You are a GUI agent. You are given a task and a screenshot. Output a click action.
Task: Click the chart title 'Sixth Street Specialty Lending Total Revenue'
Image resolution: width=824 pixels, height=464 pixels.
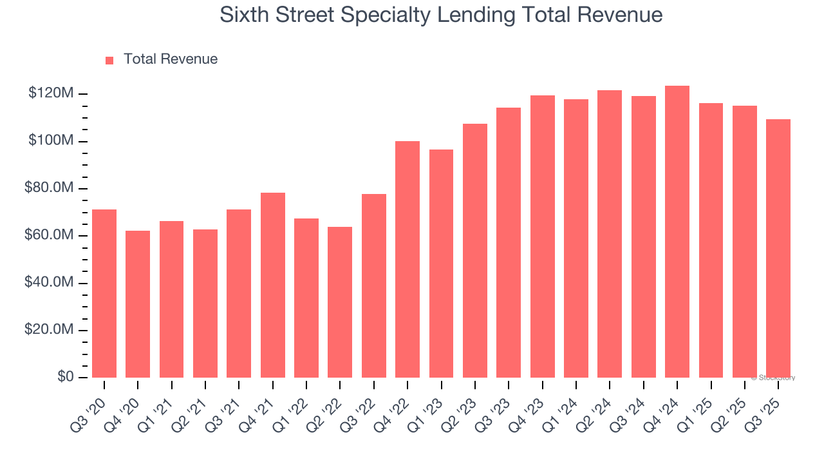pos(441,14)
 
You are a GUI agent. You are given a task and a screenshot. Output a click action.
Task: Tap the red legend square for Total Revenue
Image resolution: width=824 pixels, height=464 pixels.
pos(109,60)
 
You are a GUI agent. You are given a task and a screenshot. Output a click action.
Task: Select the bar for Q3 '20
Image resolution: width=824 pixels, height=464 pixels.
pos(104,293)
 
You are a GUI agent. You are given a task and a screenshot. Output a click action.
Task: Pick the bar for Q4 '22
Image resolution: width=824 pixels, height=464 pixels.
pos(407,259)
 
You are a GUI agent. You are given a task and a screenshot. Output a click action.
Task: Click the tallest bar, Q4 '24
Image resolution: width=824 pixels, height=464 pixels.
pos(677,231)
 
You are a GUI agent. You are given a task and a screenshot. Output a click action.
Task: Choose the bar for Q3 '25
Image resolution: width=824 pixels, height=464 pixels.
pos(778,248)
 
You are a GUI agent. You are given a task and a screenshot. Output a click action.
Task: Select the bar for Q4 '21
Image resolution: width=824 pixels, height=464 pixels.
pos(273,285)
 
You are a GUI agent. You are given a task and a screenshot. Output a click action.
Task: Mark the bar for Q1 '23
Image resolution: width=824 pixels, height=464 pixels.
pos(441,263)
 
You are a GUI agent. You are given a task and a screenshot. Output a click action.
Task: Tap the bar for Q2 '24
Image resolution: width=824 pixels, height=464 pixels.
pos(610,233)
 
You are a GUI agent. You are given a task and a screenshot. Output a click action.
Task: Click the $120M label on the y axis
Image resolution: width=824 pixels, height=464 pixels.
pos(51,93)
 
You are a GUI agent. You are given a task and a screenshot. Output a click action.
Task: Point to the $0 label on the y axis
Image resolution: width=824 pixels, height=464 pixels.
pos(65,376)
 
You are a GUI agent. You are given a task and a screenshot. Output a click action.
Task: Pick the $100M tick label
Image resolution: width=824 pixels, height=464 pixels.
pos(51,140)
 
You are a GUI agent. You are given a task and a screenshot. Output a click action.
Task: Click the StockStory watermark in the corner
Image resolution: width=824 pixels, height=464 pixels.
pos(773,378)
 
